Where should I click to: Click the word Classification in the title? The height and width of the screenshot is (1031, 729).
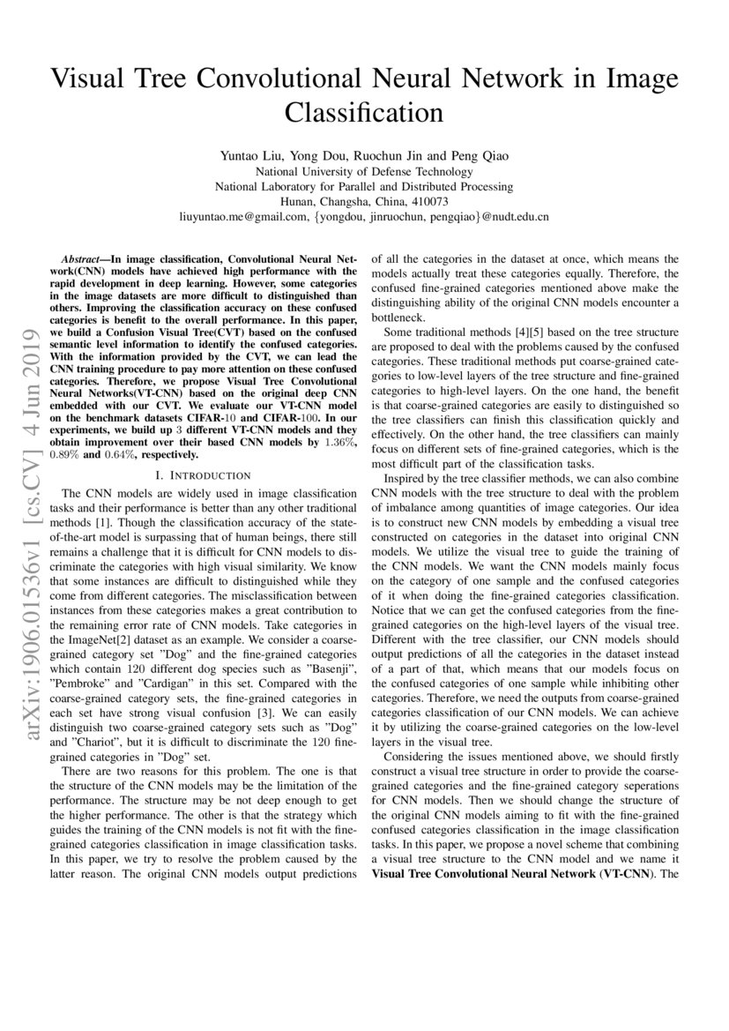tap(364, 112)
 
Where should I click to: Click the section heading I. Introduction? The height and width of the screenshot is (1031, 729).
tap(202, 475)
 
